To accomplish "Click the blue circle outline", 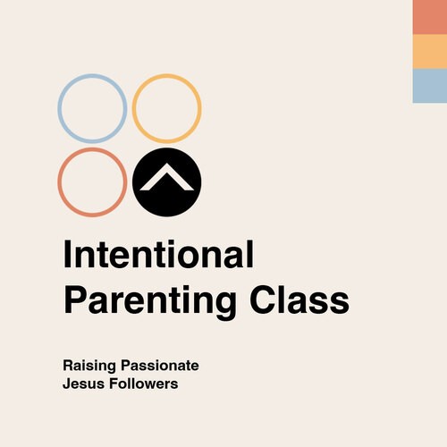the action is tap(59, 108).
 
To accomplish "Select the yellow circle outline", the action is tap(134, 108).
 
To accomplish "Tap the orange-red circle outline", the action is tap(59, 182).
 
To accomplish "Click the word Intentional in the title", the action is tap(158, 254).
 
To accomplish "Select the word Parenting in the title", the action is tap(150, 300).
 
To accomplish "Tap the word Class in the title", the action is tap(299, 299).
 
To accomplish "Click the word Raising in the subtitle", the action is tap(89, 366).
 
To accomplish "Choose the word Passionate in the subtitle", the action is tap(160, 366).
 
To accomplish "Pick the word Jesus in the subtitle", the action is tap(83, 384).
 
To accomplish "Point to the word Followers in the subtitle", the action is tap(144, 384).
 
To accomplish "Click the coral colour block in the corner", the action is tap(430, 17).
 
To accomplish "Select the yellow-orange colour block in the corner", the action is tap(430, 52).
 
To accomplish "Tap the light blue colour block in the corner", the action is tap(430, 86).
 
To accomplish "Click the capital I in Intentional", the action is tap(67, 254).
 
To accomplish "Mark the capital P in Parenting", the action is tap(75, 299).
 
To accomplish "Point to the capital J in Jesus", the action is tap(67, 384).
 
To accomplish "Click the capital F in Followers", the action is tap(114, 384).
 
